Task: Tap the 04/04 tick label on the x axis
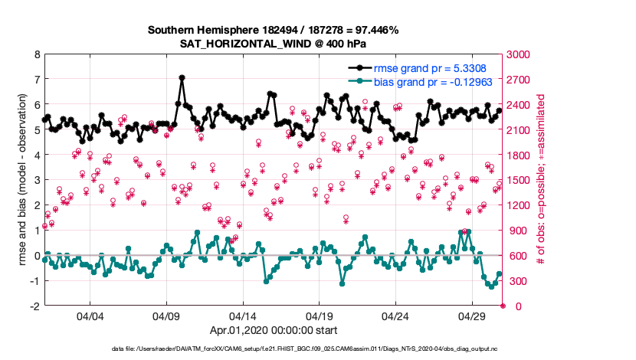point(90,316)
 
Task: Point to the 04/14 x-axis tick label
point(243,316)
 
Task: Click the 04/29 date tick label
point(472,316)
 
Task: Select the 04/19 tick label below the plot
point(319,316)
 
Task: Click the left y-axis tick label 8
point(36,55)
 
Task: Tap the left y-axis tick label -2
point(34,306)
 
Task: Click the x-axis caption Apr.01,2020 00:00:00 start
point(273,330)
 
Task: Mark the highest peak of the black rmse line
point(182,77)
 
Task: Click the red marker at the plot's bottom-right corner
point(503,306)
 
